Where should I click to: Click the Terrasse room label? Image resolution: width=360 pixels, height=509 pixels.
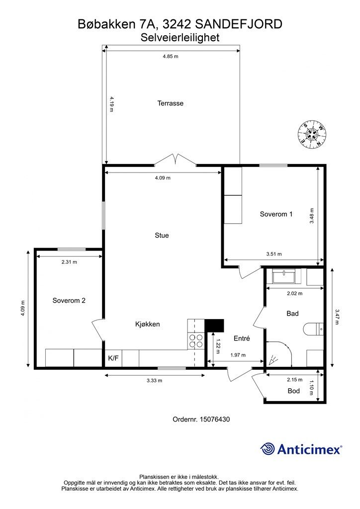click(171, 103)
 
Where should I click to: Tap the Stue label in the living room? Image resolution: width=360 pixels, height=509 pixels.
click(162, 235)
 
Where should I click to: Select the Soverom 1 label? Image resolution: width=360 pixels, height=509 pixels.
click(276, 214)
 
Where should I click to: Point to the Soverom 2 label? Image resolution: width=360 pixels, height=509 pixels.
click(69, 301)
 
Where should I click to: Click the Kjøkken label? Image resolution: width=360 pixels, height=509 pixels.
click(147, 324)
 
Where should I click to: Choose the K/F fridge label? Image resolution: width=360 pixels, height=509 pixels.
click(113, 358)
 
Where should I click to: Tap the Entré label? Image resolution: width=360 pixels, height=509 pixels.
click(242, 338)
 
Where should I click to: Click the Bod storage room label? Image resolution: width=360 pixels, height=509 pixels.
click(294, 391)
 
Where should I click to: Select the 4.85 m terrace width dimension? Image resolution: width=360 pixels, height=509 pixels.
click(171, 56)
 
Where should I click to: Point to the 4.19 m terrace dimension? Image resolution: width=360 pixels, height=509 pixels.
click(111, 104)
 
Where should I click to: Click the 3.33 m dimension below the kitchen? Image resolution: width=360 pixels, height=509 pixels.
click(155, 380)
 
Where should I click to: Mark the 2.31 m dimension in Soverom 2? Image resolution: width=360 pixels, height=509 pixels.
click(69, 262)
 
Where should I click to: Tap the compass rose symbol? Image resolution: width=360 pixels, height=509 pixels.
click(312, 135)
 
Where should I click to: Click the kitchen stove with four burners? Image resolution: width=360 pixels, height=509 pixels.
click(196, 341)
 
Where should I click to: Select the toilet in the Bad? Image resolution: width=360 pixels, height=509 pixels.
click(313, 330)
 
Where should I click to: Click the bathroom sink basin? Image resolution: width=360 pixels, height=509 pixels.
click(284, 277)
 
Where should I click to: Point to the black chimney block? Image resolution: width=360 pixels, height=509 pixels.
click(215, 326)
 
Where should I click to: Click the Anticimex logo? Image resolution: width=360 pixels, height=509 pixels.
click(301, 449)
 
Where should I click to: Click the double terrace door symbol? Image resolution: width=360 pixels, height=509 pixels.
click(176, 160)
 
